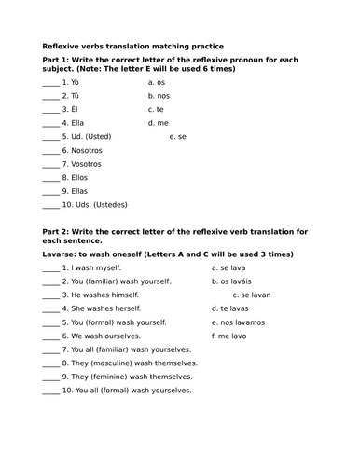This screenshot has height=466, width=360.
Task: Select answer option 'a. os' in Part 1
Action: (157, 81)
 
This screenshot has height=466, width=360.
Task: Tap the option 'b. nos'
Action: (159, 95)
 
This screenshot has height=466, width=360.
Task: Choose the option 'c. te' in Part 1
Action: (156, 108)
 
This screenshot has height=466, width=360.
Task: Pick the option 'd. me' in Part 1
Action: (158, 122)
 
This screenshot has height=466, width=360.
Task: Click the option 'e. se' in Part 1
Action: (178, 136)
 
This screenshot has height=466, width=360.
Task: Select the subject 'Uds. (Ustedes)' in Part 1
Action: (97, 204)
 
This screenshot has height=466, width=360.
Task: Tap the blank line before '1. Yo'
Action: (51, 83)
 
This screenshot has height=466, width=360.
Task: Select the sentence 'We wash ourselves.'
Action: (105, 335)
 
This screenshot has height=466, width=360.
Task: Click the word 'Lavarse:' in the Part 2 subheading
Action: (63, 254)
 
